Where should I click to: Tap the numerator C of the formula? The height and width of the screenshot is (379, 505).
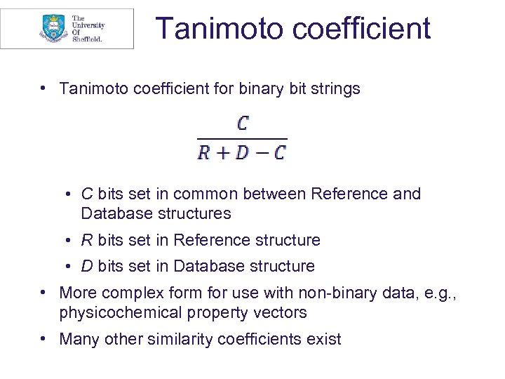tap(243, 125)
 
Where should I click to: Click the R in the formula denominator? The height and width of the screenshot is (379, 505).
tap(204, 152)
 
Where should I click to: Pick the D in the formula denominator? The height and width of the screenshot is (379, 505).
tap(242, 152)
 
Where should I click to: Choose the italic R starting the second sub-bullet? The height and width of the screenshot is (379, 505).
tap(86, 241)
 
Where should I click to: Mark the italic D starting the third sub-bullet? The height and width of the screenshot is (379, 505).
tap(87, 267)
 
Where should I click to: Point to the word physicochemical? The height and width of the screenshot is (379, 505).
tap(118, 312)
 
